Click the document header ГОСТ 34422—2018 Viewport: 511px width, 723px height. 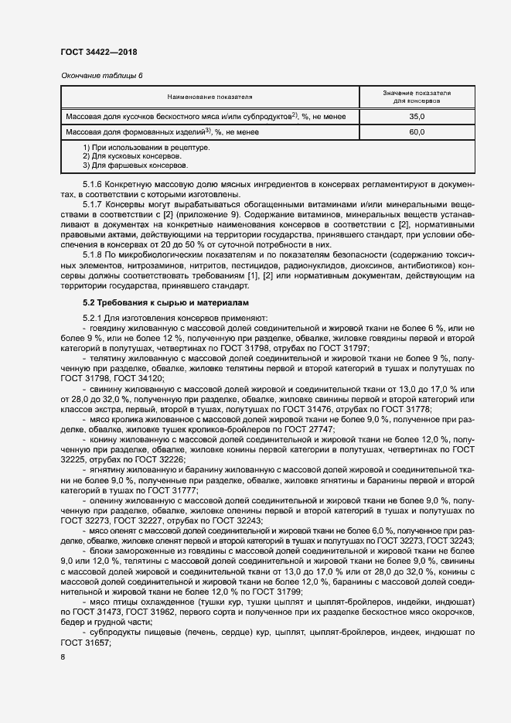click(99, 53)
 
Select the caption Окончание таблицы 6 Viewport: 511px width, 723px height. click(101, 75)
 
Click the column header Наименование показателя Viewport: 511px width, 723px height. click(210, 97)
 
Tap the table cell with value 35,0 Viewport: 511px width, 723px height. click(417, 116)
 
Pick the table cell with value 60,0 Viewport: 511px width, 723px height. click(417, 132)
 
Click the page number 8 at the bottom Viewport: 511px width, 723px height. click(63, 657)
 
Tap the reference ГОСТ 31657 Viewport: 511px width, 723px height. click(86, 642)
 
